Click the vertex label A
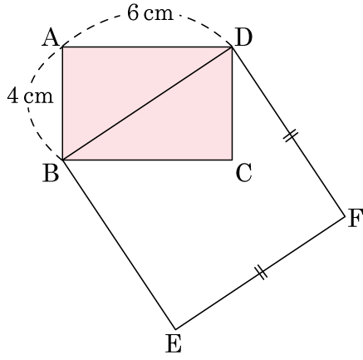tap(51, 38)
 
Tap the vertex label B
tap(51, 174)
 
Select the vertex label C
tap(243, 173)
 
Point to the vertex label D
tap(243, 37)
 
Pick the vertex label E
tap(174, 343)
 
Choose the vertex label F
tap(356, 219)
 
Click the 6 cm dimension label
tap(150, 13)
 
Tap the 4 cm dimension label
tap(30, 96)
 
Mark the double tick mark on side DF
tap(292, 136)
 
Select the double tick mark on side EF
tap(261, 273)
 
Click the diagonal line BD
tap(148, 104)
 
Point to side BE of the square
tap(120, 244)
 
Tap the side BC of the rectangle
tap(148, 160)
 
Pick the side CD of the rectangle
tap(232, 104)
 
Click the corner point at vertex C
tap(232, 160)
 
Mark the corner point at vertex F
tap(345, 216)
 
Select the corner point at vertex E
tap(175, 329)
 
